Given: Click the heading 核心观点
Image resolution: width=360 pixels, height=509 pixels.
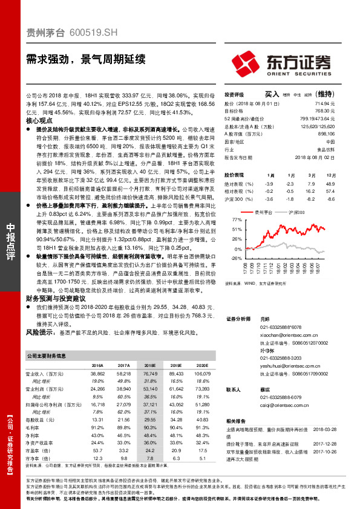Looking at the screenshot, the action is [41, 121].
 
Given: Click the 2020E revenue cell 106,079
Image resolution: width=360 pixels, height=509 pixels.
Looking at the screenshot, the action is [203, 375].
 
